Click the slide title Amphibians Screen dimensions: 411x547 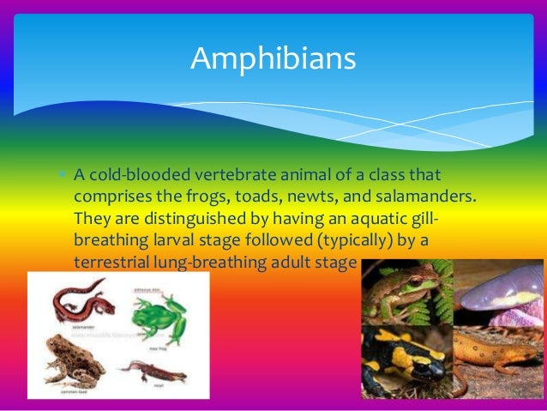point(273,58)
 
